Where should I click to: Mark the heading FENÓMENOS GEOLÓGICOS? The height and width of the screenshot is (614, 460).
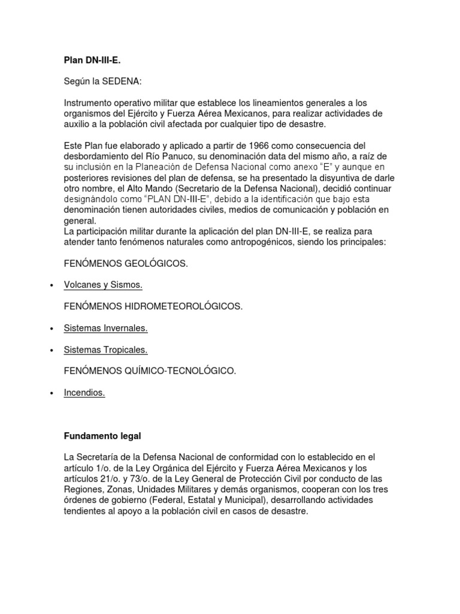[125, 264]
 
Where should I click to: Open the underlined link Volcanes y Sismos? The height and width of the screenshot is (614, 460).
[103, 285]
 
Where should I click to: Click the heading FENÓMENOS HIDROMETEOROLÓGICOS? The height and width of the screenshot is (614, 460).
[153, 306]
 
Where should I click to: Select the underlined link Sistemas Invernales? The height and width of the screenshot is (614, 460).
[105, 328]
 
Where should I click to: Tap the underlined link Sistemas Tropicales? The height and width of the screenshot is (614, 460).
[105, 350]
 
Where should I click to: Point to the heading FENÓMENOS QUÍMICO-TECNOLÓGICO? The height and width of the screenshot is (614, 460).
[150, 371]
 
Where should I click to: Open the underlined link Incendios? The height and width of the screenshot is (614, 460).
[84, 393]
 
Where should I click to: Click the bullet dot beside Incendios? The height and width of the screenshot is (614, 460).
[53, 393]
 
